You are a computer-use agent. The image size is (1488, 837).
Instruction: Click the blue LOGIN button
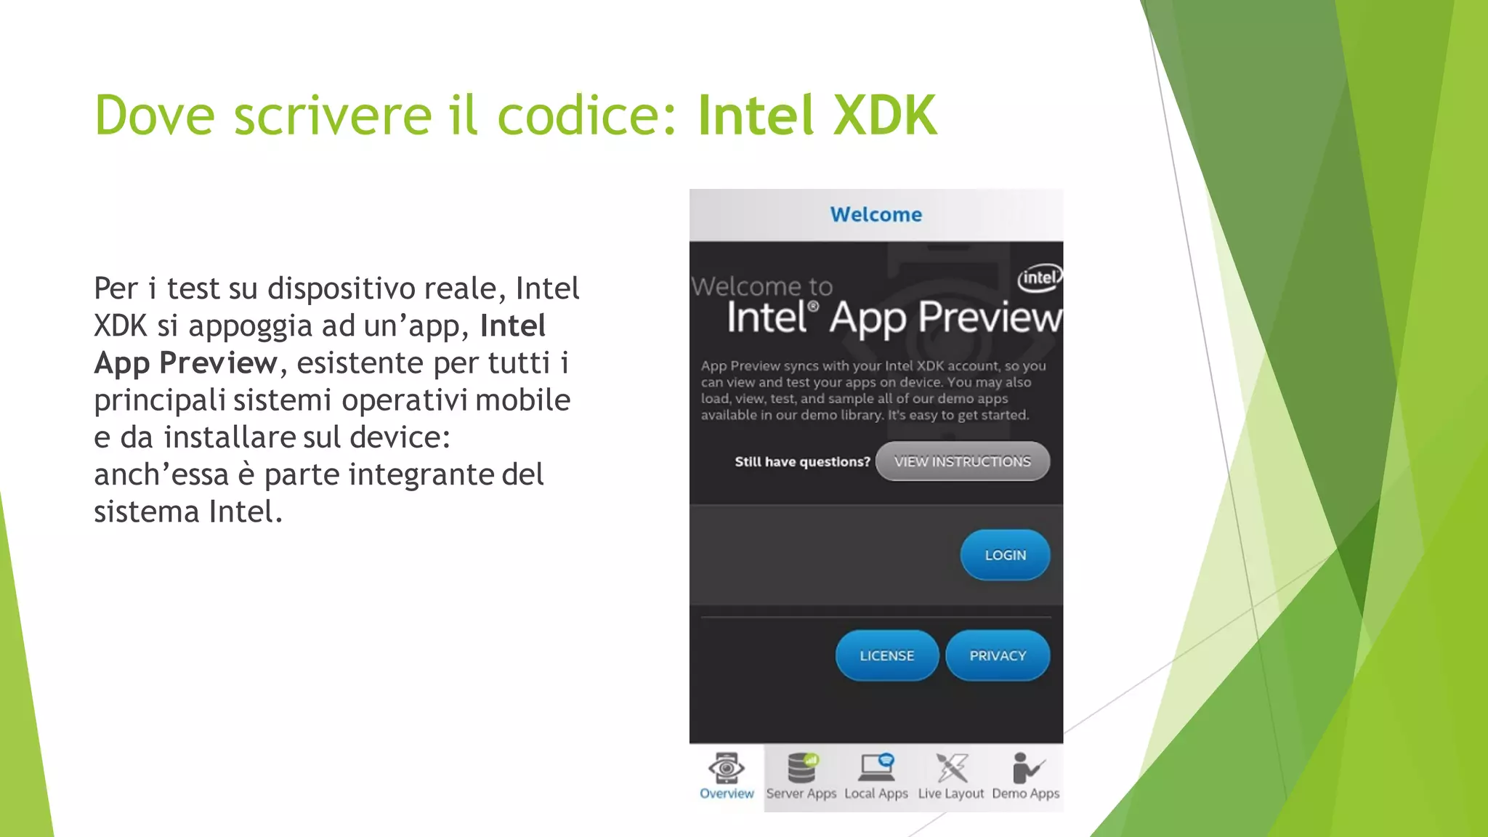coord(1005,555)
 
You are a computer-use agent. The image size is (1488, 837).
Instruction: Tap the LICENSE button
coord(886,655)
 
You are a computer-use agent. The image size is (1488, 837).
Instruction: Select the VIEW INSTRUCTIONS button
coord(962,461)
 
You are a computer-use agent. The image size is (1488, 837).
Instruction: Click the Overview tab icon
coord(726,769)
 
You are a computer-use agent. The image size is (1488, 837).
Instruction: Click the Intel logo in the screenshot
coord(1040,278)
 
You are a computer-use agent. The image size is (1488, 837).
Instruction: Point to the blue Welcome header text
coord(876,214)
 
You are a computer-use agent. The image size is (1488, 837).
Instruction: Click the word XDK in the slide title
coord(884,115)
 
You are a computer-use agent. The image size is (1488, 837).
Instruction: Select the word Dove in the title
coord(155,115)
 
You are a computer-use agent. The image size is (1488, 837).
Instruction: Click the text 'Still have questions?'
coord(802,462)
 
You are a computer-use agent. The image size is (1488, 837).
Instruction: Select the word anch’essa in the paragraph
coord(161,474)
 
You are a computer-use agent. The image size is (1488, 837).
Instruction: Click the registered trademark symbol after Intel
coord(813,307)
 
